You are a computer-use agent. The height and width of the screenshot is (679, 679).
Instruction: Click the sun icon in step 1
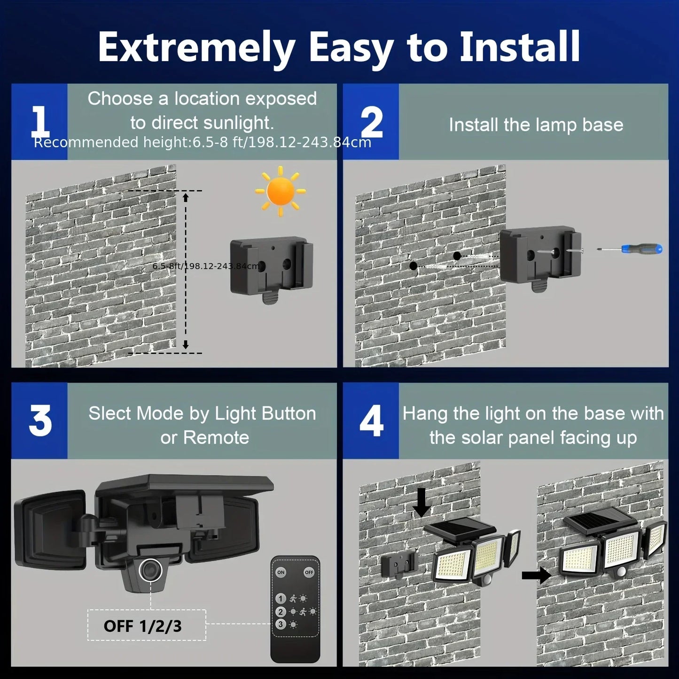pyautogui.click(x=280, y=191)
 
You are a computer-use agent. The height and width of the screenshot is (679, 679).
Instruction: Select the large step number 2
pyautogui.click(x=372, y=122)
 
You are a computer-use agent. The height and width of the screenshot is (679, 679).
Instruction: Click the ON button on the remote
pyautogui.click(x=281, y=572)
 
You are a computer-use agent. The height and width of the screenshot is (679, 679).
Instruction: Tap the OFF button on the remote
pyautogui.click(x=309, y=572)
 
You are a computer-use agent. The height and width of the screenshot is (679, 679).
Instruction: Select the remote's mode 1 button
pyautogui.click(x=281, y=598)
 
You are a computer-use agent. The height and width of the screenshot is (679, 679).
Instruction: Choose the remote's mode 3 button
pyautogui.click(x=281, y=624)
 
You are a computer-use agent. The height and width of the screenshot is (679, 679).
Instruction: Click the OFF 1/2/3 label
pyautogui.click(x=143, y=626)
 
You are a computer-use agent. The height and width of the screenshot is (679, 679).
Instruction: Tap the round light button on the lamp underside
pyautogui.click(x=151, y=570)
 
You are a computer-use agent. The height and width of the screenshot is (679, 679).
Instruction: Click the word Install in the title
pyautogui.click(x=519, y=47)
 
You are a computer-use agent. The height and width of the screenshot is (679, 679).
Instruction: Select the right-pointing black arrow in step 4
pyautogui.click(x=536, y=574)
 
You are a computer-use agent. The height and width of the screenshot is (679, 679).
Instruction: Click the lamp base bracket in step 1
pyautogui.click(x=271, y=269)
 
